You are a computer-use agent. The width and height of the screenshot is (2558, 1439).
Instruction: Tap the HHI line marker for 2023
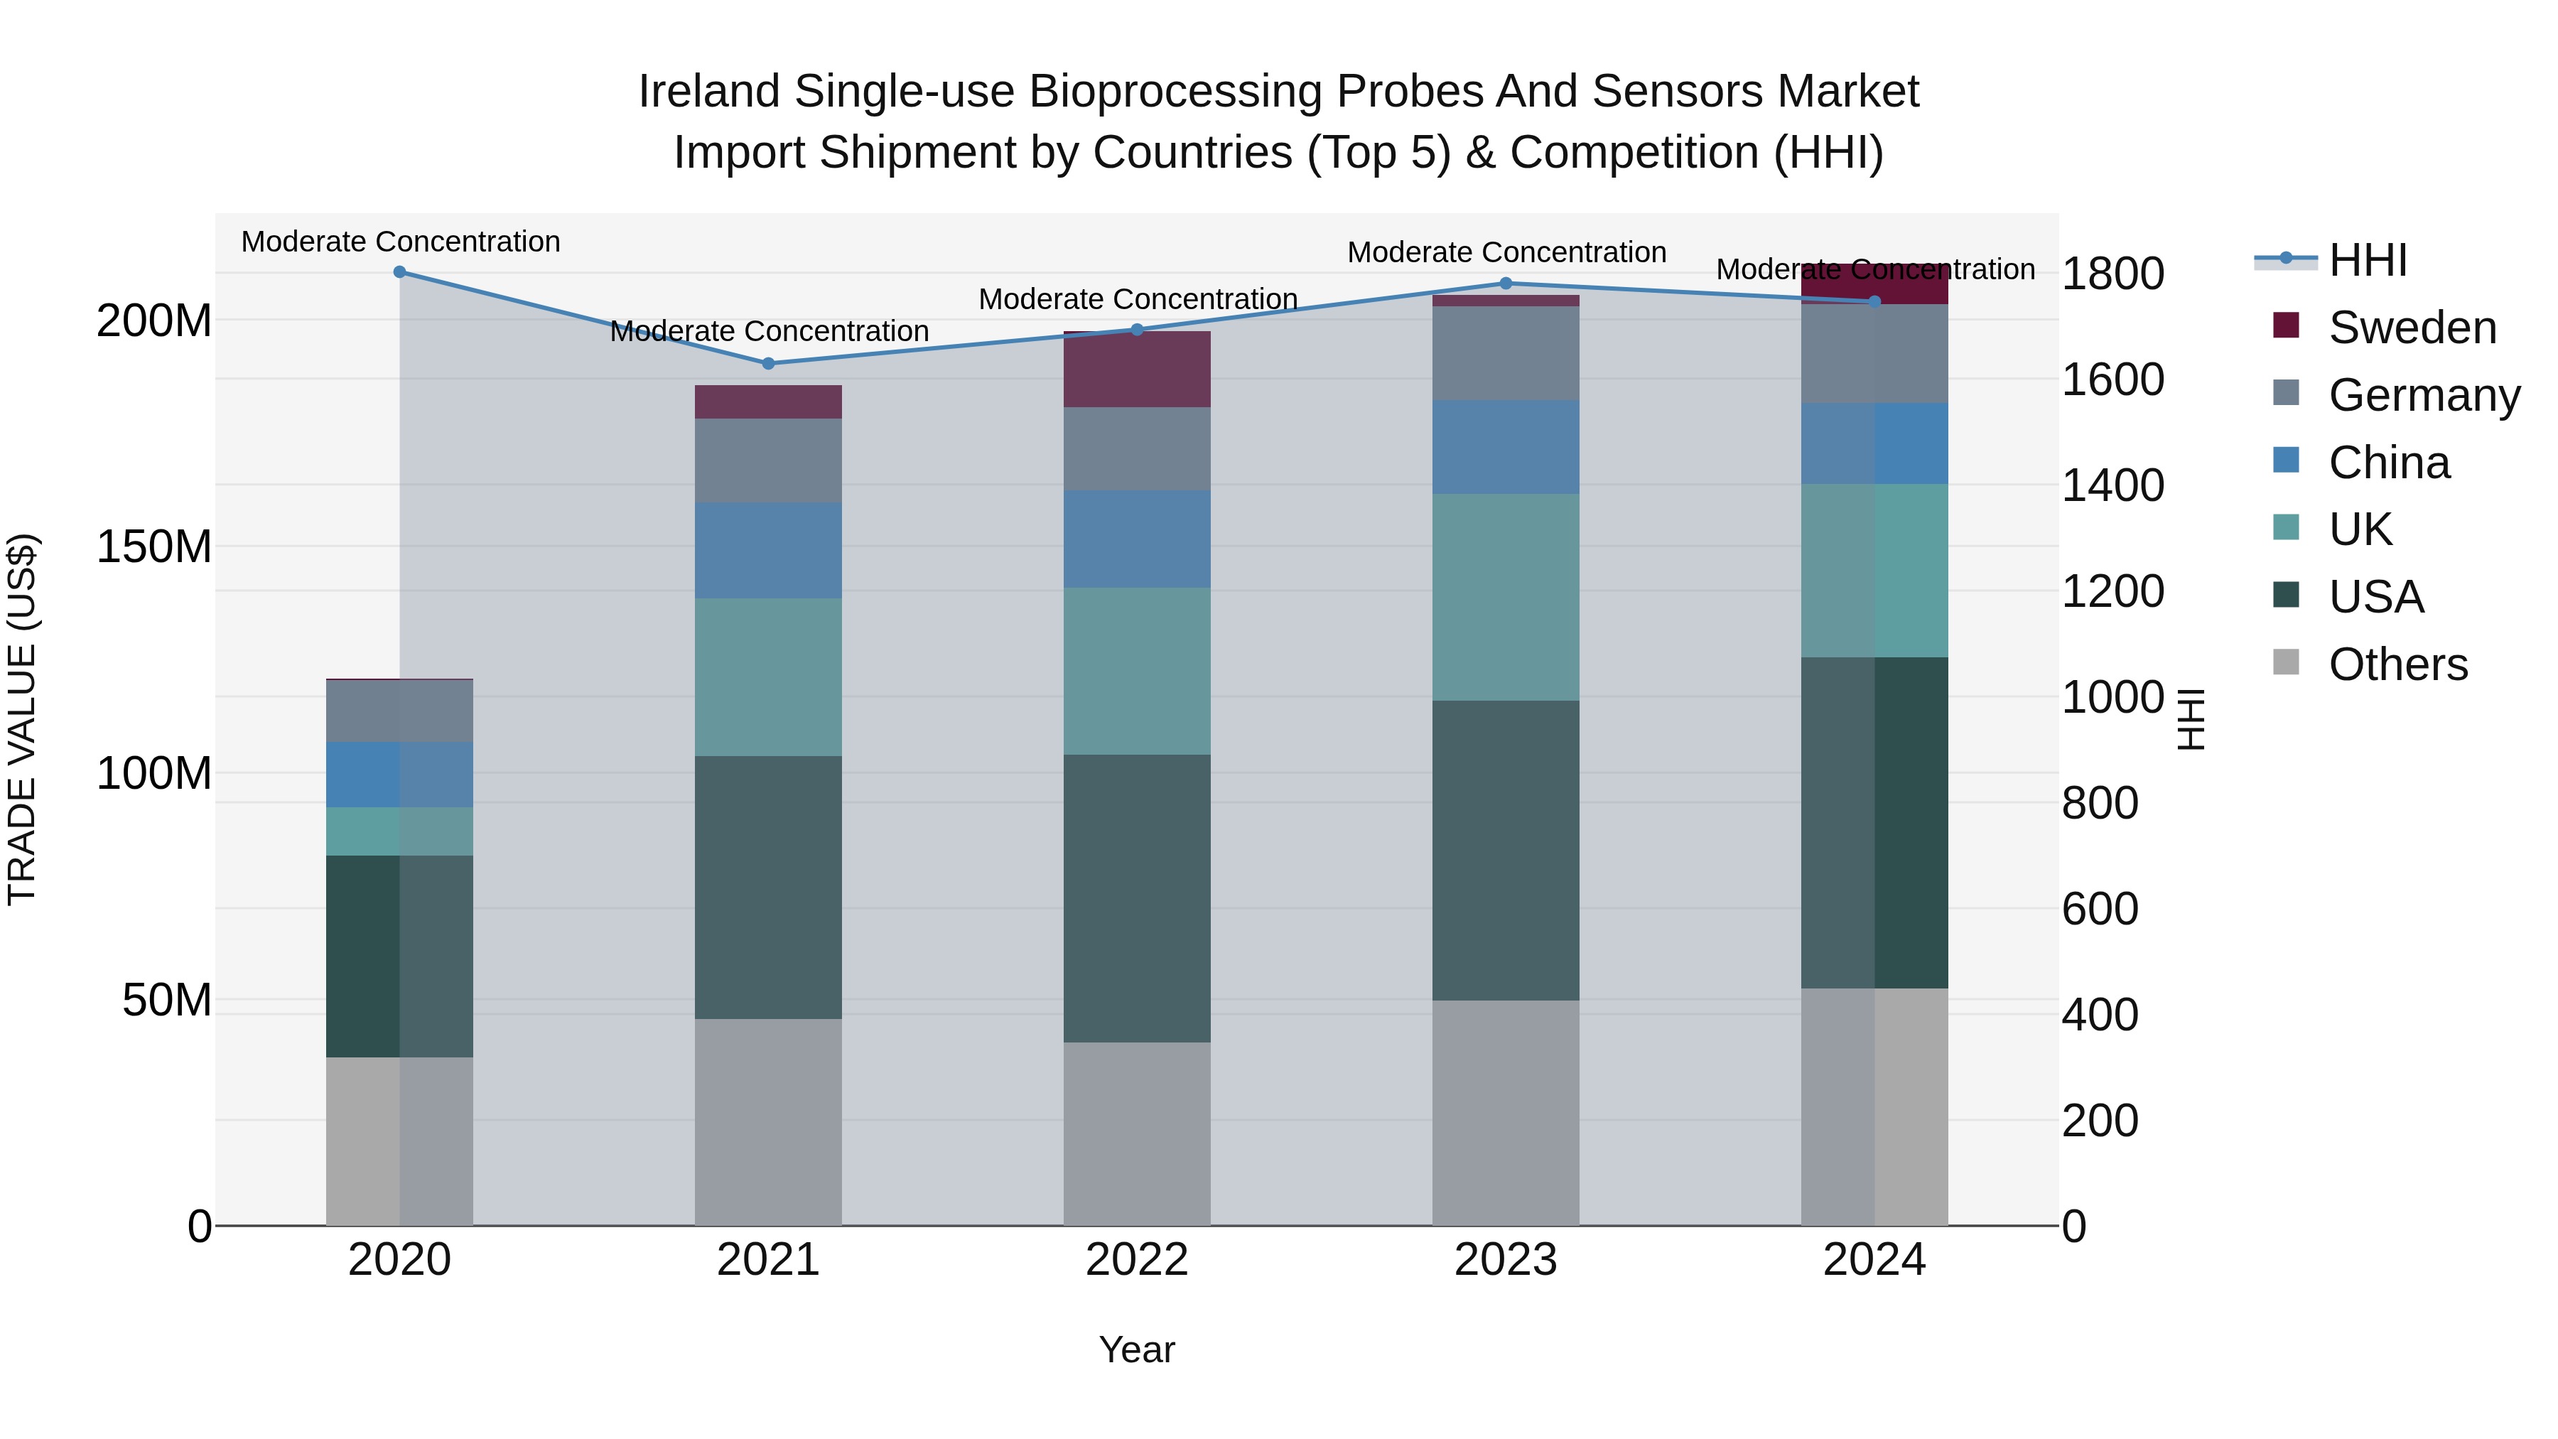point(1506,283)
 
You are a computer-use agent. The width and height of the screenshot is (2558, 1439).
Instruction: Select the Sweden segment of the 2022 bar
point(1137,370)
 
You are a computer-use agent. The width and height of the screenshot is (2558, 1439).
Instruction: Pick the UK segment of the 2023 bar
point(1506,597)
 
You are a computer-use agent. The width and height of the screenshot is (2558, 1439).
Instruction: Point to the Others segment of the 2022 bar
point(1137,1133)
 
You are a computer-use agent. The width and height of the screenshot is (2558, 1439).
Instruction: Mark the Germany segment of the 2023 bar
point(1506,354)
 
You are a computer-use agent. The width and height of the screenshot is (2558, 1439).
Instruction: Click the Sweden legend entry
point(2411,328)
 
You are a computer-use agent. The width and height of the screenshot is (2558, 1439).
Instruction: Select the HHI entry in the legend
point(2368,260)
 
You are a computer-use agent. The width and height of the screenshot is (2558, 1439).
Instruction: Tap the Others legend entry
point(2397,664)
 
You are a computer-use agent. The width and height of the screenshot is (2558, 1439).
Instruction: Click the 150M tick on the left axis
point(154,547)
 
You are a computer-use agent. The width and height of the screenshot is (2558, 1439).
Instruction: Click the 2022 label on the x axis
point(1137,1260)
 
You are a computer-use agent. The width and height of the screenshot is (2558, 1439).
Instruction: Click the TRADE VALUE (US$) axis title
point(22,719)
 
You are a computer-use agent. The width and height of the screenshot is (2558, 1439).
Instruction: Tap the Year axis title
point(1137,1349)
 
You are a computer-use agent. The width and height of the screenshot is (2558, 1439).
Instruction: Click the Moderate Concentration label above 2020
point(400,242)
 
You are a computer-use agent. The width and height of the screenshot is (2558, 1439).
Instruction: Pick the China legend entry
point(2388,463)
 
